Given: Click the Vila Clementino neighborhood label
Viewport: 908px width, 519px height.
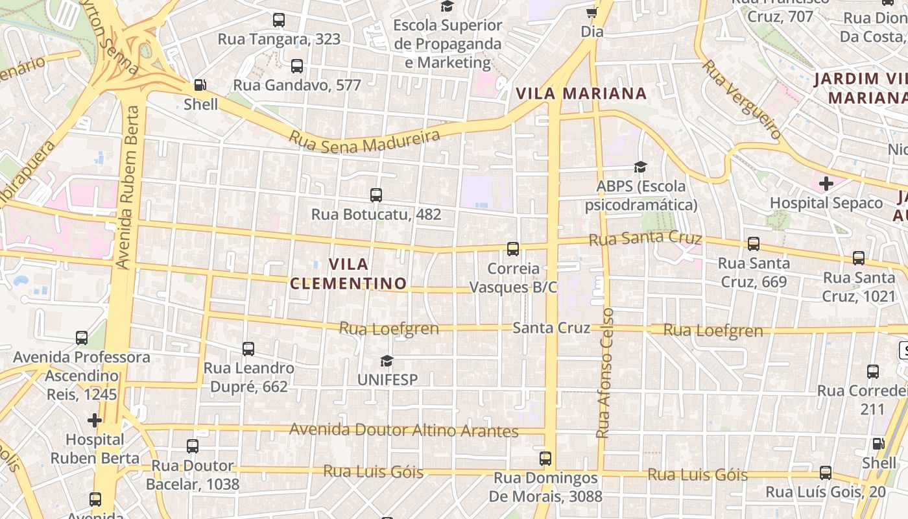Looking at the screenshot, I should point(348,274).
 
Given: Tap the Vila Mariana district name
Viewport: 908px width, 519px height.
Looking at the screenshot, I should point(582,93).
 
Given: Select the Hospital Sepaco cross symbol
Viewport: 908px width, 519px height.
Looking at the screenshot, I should point(826,184).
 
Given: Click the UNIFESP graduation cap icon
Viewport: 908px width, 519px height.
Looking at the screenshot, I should point(387,361).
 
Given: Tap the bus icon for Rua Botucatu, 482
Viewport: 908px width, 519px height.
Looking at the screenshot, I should point(376,195).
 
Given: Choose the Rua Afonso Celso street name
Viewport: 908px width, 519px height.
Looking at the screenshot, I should point(605,372).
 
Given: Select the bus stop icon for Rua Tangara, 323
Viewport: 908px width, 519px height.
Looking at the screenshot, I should point(279,20).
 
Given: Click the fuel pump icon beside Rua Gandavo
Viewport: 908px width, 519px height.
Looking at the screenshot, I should point(200,85).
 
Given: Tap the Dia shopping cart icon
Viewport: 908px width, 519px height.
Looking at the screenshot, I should point(591,12).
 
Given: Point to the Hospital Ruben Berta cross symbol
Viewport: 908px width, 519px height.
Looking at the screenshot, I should point(95,420).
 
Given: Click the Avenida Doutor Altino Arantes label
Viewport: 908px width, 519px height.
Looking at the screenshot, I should point(403,430).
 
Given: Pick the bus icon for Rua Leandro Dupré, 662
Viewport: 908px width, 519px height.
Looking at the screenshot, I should point(248,349).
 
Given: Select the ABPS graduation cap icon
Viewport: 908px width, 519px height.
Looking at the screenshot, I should point(640,167).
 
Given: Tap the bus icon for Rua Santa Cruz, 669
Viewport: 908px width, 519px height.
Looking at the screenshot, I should point(753,244).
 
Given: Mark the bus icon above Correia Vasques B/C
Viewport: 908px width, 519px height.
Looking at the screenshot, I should point(512,248).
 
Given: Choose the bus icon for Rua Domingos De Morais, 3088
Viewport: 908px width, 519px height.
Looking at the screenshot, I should point(545,459).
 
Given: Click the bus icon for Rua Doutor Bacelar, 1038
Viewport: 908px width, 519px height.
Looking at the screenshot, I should point(192,446).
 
